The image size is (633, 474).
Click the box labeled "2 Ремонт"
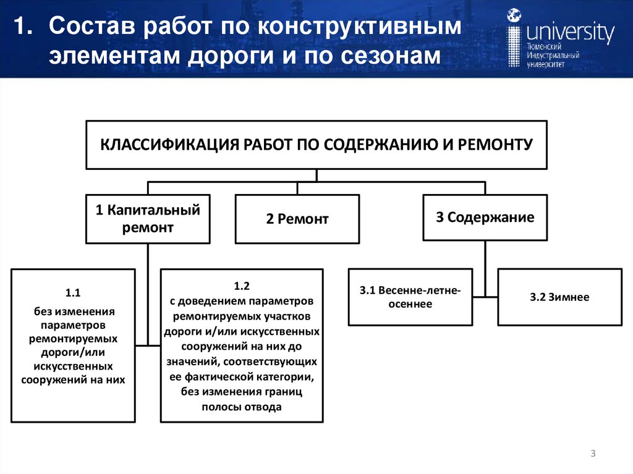tap(297, 219)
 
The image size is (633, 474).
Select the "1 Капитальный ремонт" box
tap(148, 219)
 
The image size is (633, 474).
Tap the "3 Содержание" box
tap(485, 218)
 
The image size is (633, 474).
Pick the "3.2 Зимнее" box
tap(559, 297)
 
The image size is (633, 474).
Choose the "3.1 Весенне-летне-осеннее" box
tap(410, 297)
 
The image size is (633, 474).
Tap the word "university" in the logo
tap(569, 32)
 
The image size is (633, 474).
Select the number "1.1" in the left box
tap(74, 293)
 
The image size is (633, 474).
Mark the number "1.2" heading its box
tap(241, 286)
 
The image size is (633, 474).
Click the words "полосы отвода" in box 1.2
tap(241, 407)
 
